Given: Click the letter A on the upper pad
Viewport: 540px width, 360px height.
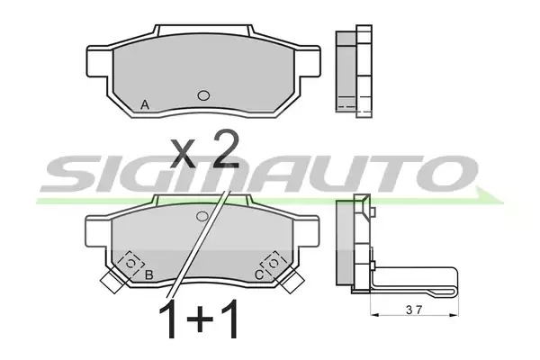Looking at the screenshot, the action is [145, 104].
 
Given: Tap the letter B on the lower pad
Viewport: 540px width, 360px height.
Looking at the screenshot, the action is [148, 274].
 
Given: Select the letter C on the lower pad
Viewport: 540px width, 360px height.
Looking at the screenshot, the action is [259, 274].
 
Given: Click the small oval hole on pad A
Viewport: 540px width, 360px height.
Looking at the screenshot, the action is [203, 95].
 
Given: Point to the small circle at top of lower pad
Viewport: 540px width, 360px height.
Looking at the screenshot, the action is [202, 216].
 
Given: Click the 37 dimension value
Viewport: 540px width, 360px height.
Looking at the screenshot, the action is [414, 310].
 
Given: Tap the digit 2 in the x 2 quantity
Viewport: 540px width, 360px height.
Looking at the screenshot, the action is [226, 149].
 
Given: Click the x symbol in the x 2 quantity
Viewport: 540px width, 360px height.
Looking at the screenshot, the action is [184, 154].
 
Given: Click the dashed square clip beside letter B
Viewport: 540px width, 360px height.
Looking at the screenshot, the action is [130, 263].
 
